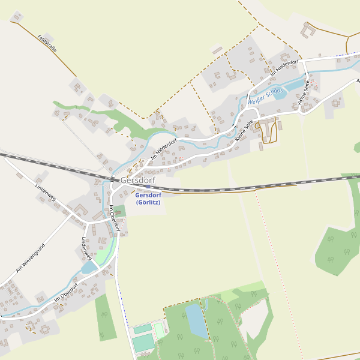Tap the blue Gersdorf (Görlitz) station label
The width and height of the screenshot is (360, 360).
[148, 199]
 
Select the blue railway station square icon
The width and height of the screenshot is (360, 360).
[148, 187]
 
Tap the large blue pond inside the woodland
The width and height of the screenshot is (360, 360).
[196, 320]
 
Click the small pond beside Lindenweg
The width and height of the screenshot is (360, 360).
[89, 268]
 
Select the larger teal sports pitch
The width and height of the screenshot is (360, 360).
[143, 343]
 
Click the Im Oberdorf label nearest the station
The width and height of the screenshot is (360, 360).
[115, 218]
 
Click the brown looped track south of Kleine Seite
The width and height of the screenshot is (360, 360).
[268, 130]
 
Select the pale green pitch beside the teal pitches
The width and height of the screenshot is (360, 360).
[160, 328]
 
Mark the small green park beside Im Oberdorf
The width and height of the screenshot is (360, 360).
[121, 211]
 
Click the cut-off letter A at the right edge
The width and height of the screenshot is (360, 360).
[358, 79]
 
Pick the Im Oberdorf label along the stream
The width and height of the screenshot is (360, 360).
[66, 293]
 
